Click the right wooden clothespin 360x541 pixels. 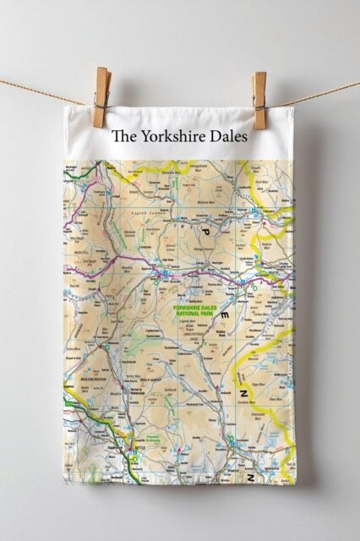click(x=259, y=99)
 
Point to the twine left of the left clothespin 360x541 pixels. click(x=42, y=91)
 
